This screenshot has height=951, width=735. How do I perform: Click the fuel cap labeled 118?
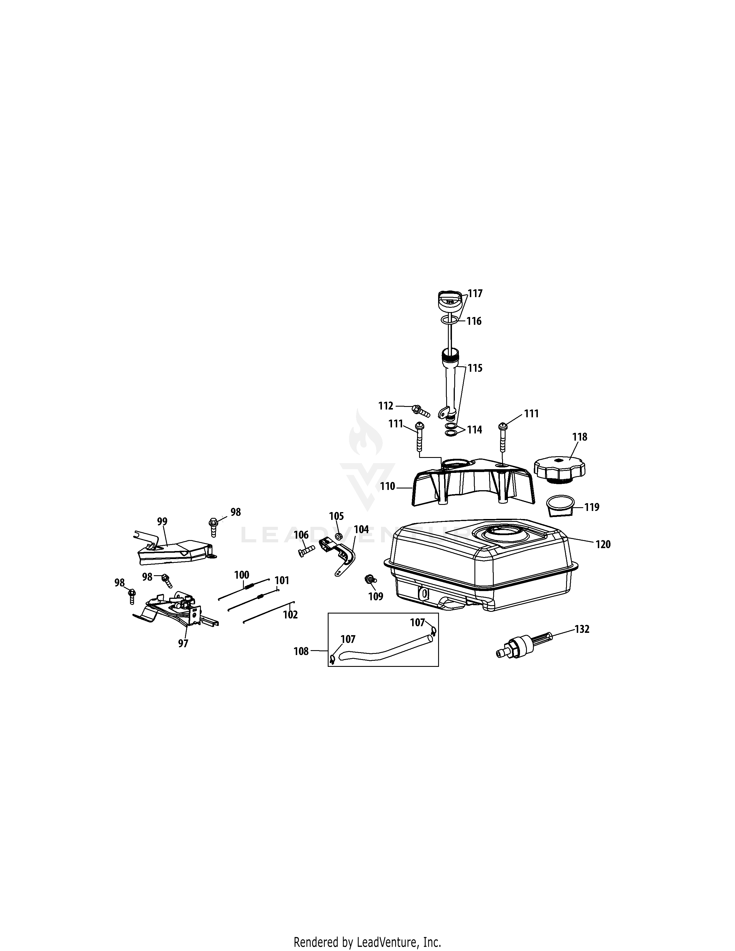(x=559, y=469)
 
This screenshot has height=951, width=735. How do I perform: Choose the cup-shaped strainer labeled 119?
(x=559, y=505)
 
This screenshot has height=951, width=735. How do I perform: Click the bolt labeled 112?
(x=421, y=410)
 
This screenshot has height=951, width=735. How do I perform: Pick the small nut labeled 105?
(x=339, y=535)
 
